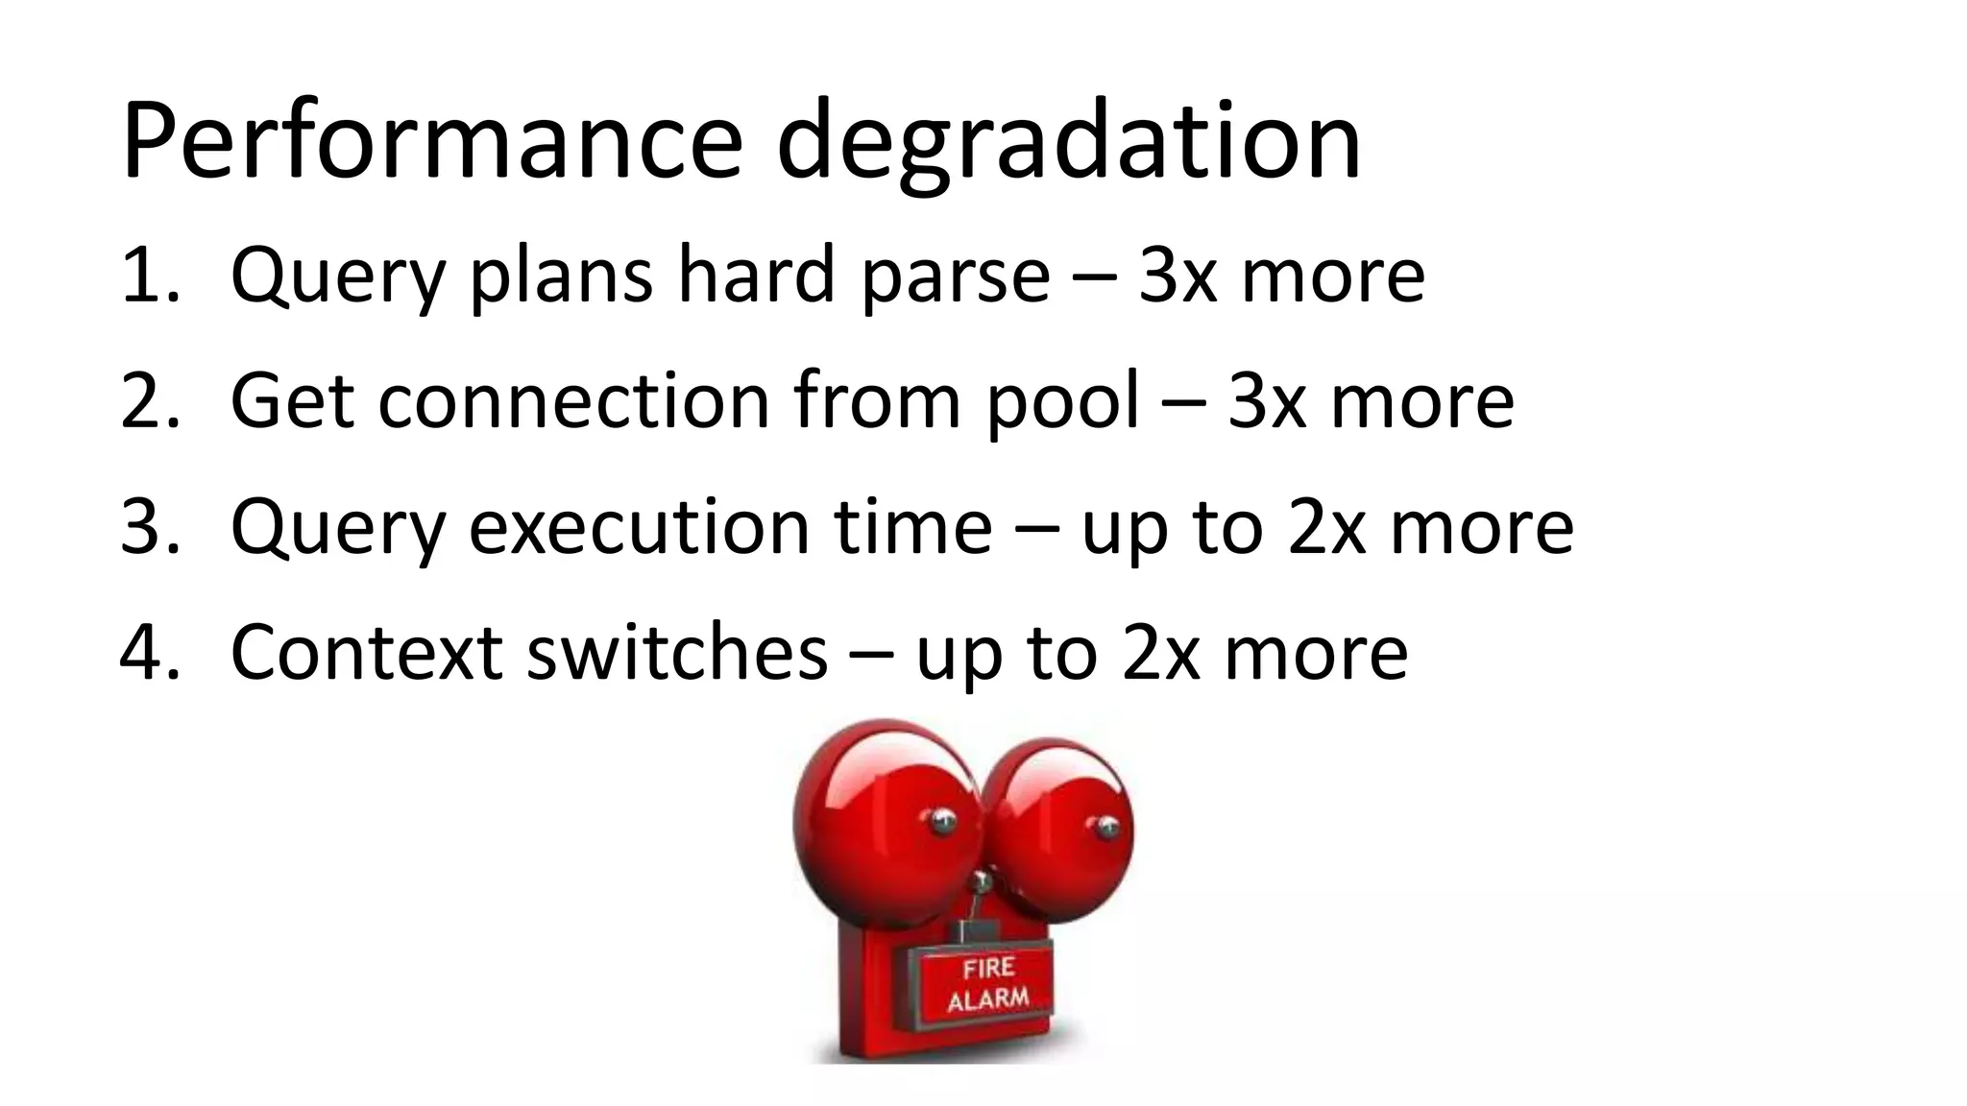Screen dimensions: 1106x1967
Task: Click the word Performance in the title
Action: tap(432, 142)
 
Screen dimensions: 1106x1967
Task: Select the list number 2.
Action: tap(149, 401)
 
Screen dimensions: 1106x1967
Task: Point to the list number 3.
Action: tap(149, 527)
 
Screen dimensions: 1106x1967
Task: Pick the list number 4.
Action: tap(149, 653)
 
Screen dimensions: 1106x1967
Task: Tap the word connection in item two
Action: tap(573, 401)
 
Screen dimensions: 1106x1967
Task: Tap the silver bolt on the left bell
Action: tap(938, 820)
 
